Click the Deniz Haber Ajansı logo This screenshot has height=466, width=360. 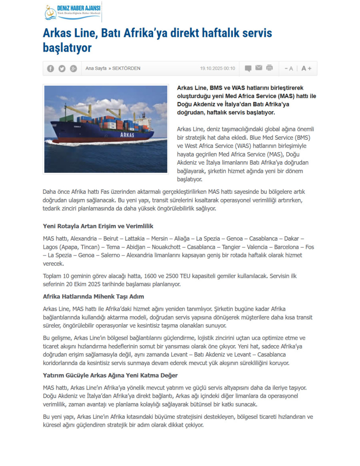(x=72, y=12)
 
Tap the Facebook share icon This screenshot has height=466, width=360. (x=50, y=68)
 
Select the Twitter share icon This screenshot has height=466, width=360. (x=62, y=68)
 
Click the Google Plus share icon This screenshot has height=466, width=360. (x=73, y=68)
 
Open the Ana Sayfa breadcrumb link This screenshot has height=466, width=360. (x=96, y=68)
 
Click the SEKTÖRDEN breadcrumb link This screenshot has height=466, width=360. (x=126, y=68)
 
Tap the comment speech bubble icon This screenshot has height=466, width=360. (x=248, y=68)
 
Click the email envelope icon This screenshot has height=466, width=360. (x=259, y=68)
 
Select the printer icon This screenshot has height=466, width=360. (x=270, y=68)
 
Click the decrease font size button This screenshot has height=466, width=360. (x=289, y=68)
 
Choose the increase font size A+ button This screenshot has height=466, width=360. (x=306, y=68)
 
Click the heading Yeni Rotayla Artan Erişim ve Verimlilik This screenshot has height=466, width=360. (x=98, y=226)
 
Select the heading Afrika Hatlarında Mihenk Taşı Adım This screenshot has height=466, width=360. (x=93, y=297)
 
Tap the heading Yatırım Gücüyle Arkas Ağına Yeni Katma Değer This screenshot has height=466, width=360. (x=110, y=375)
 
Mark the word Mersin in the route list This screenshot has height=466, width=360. (x=159, y=238)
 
